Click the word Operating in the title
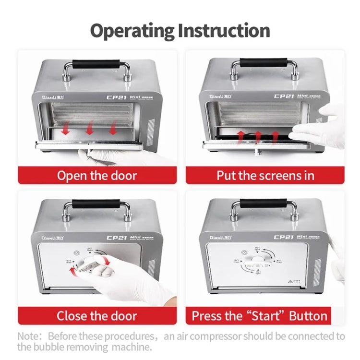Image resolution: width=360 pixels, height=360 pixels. [132, 31]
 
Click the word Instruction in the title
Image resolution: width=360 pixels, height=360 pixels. [224, 31]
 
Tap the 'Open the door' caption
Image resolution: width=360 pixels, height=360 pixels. [97, 175]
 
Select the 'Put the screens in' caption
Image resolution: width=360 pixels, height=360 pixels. [265, 175]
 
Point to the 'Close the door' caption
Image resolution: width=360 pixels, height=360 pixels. [97, 316]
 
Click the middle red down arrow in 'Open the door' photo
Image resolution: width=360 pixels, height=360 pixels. [89, 129]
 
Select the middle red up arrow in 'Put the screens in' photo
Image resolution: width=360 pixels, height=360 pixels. [258, 136]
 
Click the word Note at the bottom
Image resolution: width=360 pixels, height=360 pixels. [28, 336]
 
